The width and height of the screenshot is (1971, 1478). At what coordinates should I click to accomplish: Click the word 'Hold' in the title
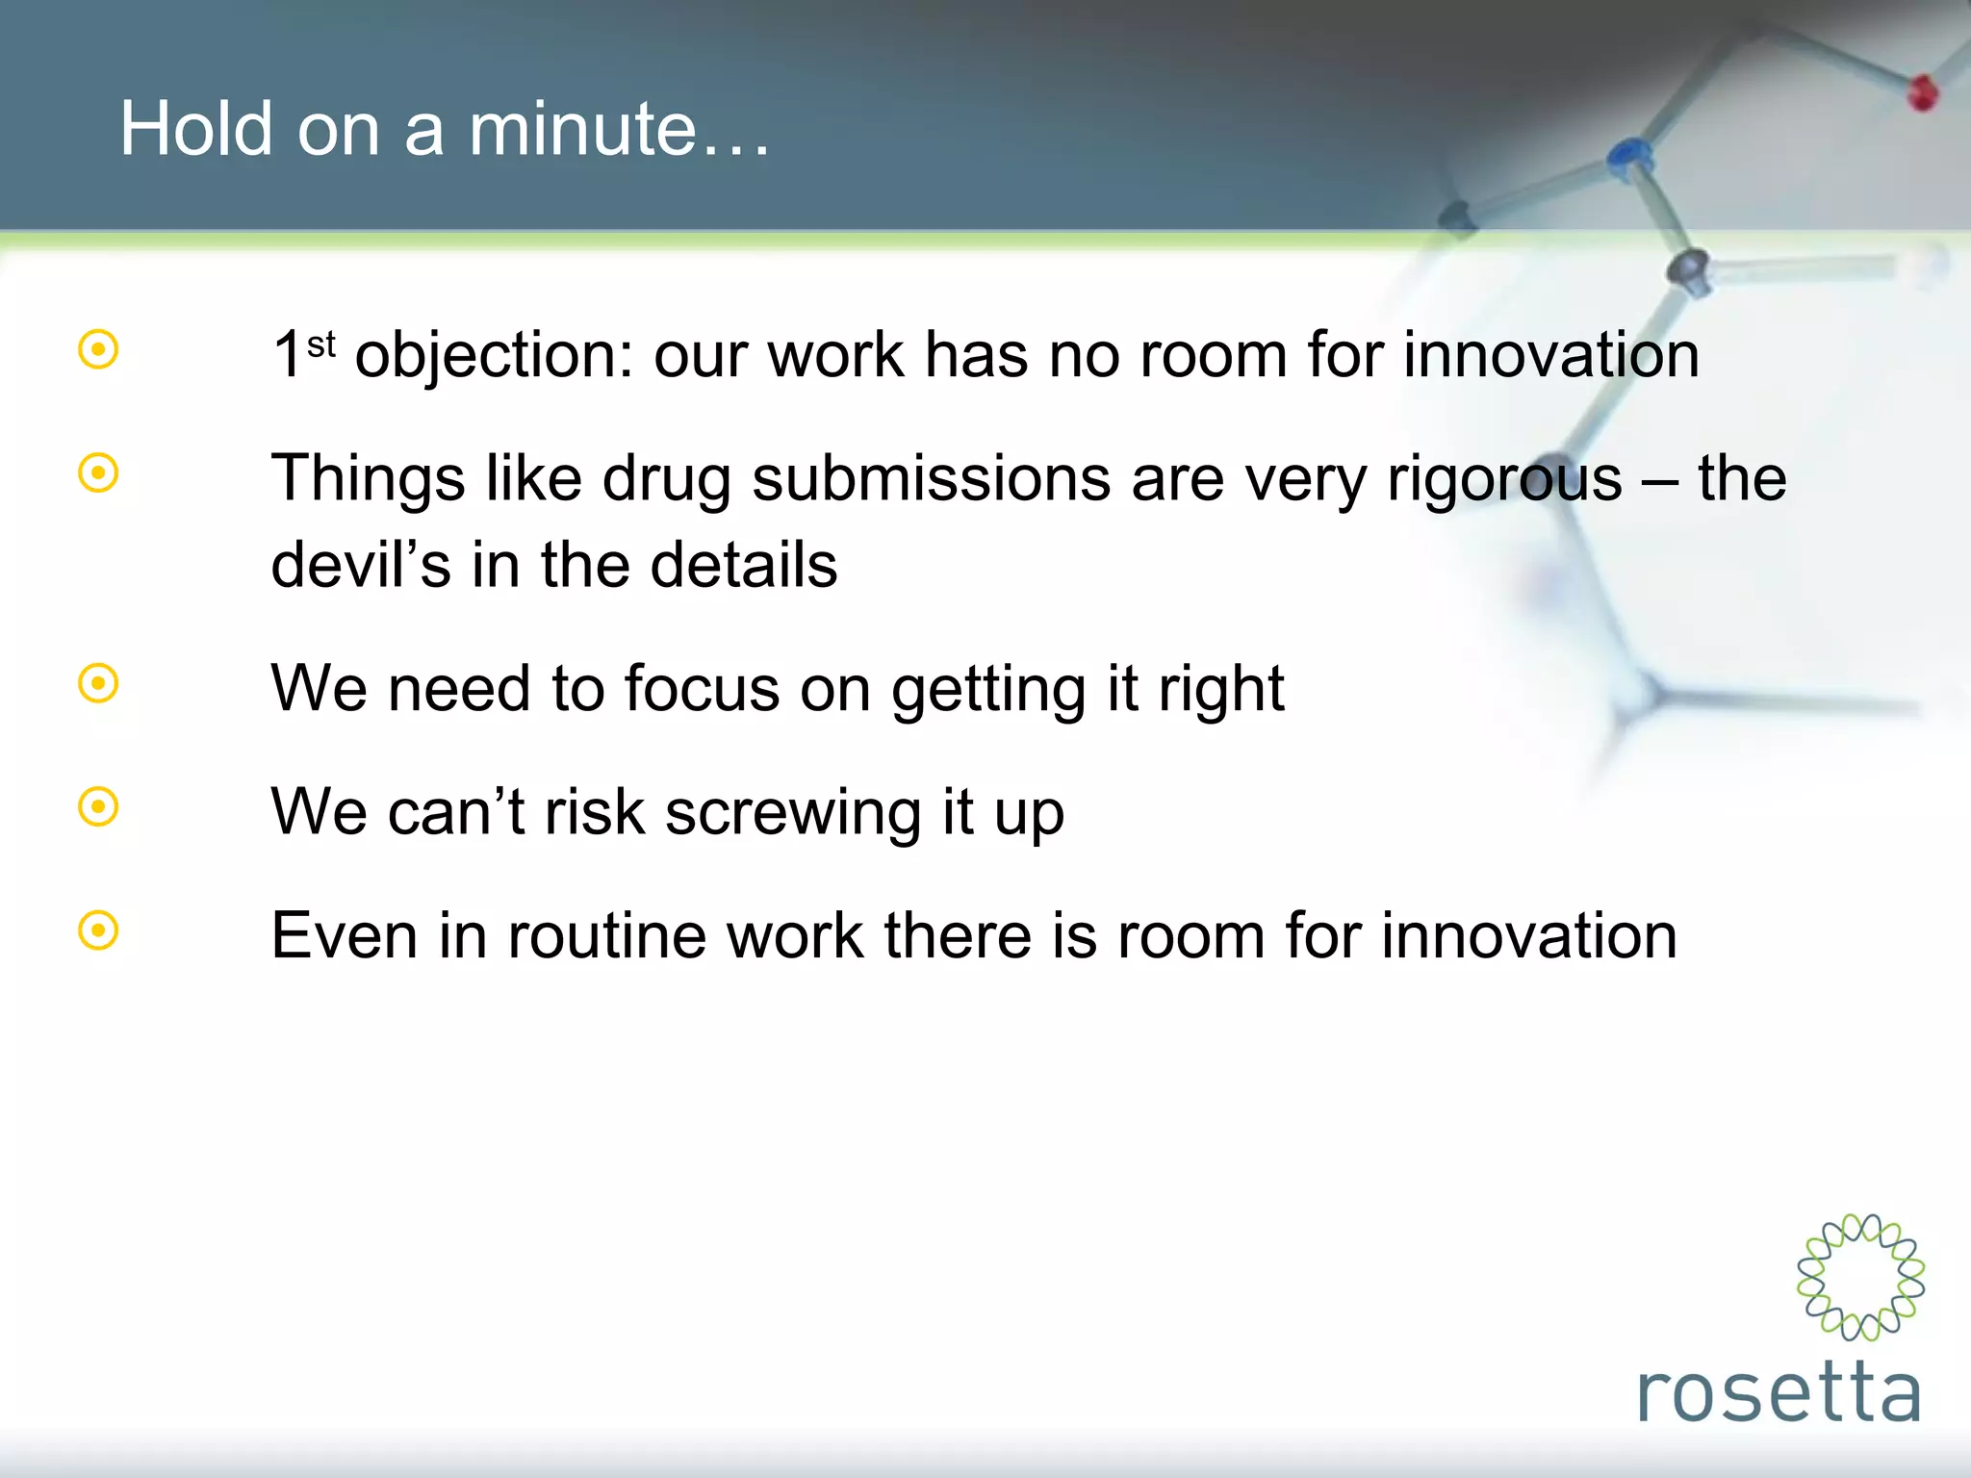coord(196,129)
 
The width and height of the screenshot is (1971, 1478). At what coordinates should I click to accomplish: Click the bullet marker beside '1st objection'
coord(98,349)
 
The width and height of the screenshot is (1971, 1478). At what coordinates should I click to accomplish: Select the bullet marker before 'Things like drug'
coord(98,472)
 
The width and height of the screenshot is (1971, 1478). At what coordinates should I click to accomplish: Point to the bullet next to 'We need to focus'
coord(98,683)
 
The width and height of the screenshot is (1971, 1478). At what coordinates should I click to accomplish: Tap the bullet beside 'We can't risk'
coord(98,806)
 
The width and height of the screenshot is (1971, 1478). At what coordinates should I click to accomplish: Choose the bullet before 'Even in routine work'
coord(98,930)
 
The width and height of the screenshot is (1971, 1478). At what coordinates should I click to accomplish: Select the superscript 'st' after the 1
coord(321,344)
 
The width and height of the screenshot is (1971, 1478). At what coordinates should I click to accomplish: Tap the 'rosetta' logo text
coord(1779,1391)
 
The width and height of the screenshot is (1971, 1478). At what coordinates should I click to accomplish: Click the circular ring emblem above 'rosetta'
coord(1860,1277)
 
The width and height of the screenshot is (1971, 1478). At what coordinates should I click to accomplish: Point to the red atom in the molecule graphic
coord(1922,92)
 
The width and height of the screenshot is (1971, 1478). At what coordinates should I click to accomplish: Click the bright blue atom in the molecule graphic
coord(1628,154)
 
